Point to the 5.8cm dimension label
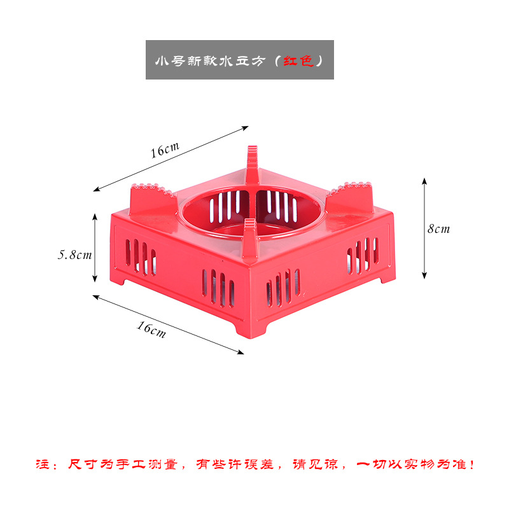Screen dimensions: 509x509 75,254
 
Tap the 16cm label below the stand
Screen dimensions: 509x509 151,329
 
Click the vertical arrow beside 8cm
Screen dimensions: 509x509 424,228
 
